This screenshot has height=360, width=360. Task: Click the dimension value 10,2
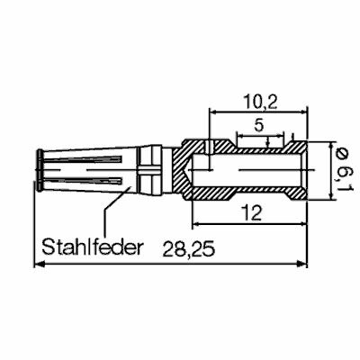[259, 101]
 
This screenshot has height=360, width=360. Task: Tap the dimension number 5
[259, 127]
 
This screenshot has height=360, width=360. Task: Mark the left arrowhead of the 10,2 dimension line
[214, 112]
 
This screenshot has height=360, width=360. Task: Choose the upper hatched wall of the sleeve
[252, 149]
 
